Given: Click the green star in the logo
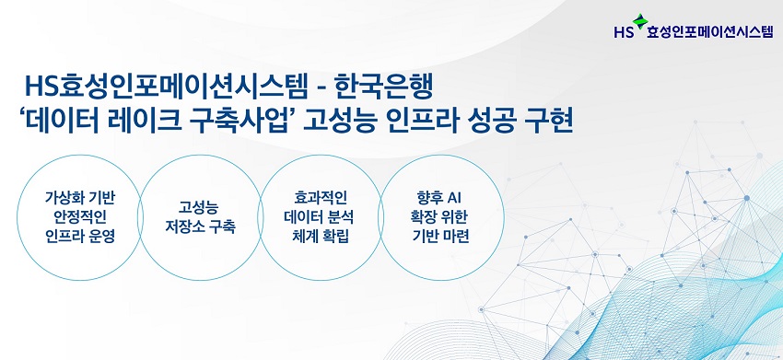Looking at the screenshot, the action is click(639, 21).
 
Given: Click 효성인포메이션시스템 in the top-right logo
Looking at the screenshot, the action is click(709, 32).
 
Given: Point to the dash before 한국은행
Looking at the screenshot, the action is click(321, 90).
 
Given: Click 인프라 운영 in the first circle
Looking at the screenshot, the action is click(80, 236).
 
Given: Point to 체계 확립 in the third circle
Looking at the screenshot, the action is click(321, 236).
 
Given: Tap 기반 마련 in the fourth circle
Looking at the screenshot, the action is click(441, 236).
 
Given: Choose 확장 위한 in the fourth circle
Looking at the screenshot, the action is click(441, 217).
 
